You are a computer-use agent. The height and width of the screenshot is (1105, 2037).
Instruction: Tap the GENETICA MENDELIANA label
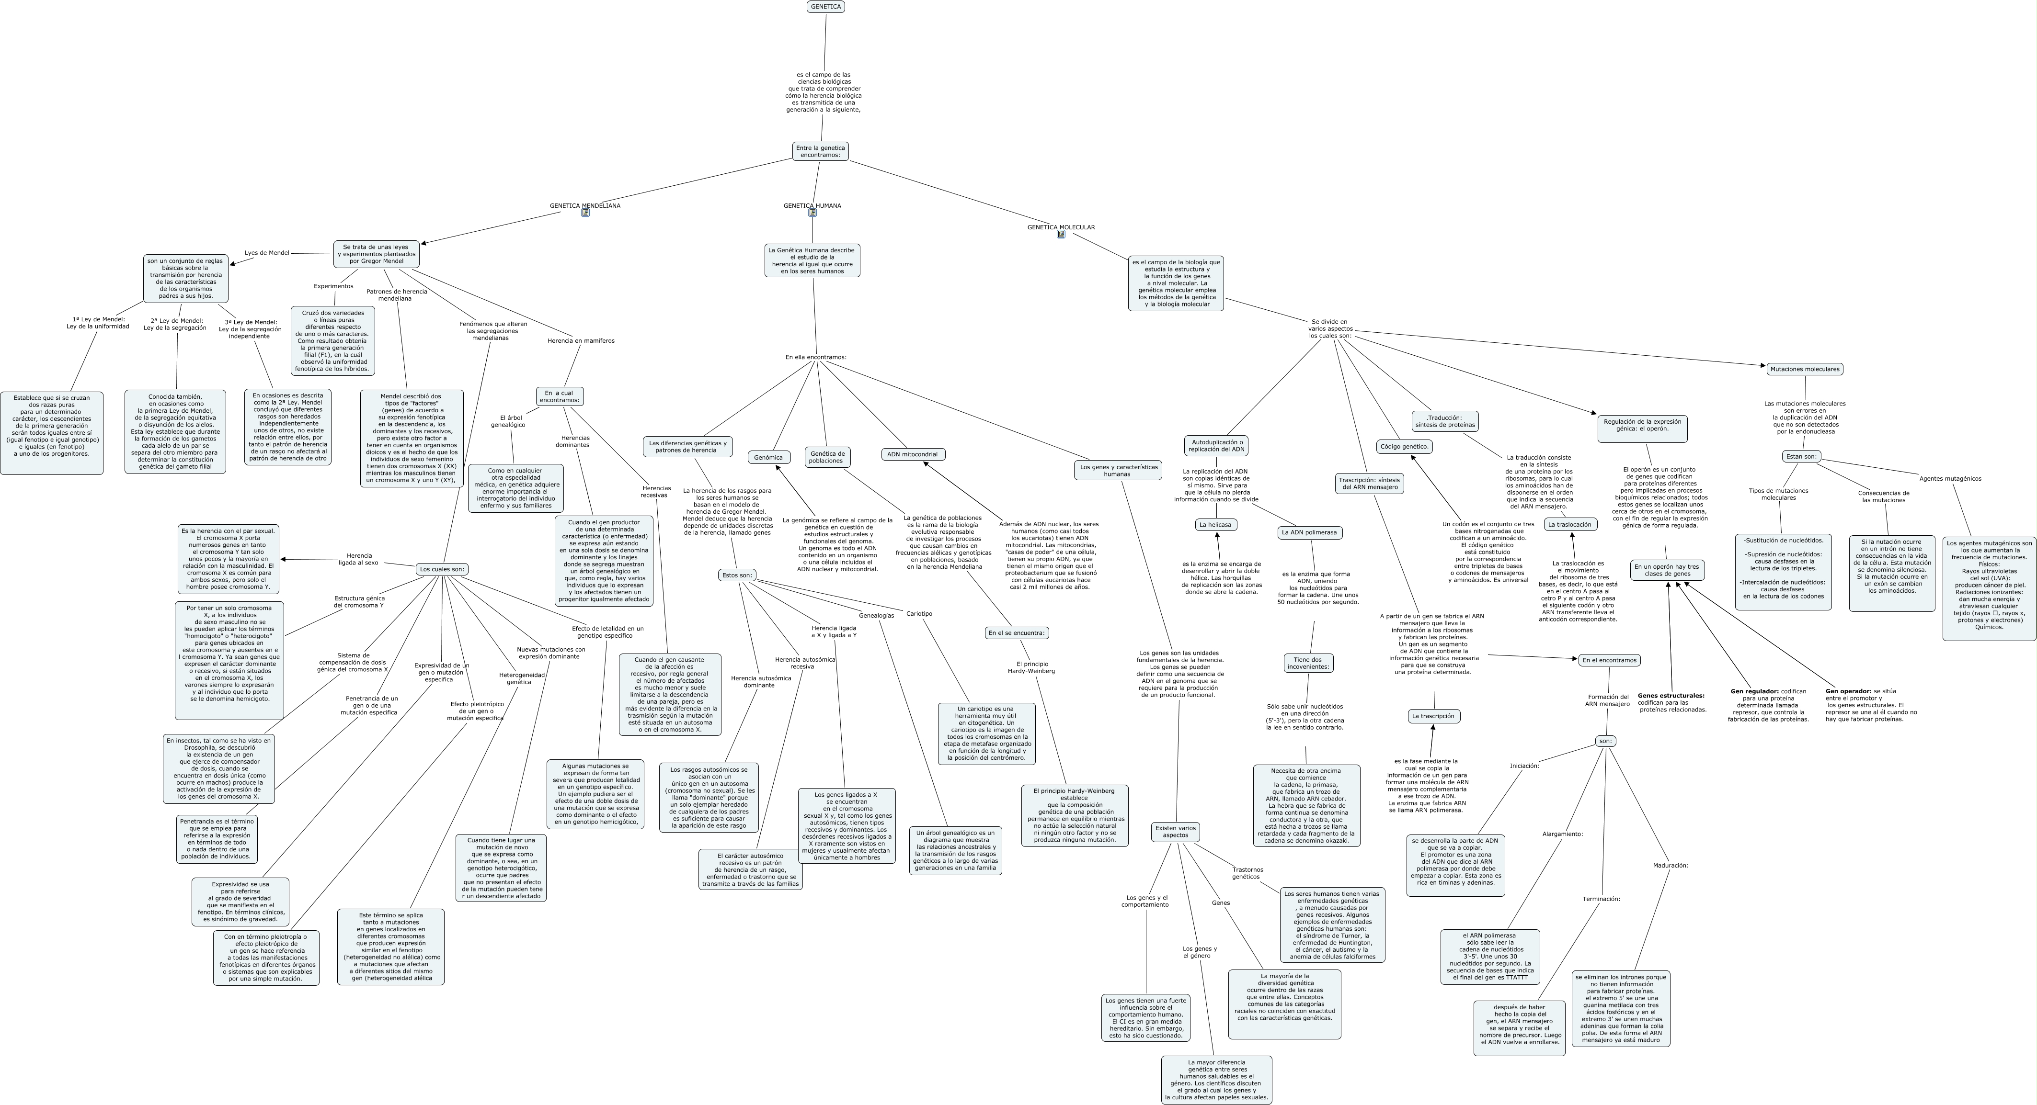coord(584,205)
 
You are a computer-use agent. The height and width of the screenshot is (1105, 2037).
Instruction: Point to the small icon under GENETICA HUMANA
coord(812,214)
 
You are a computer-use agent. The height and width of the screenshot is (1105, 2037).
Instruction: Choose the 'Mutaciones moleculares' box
coord(1805,369)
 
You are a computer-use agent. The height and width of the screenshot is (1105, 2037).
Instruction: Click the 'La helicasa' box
coord(1215,525)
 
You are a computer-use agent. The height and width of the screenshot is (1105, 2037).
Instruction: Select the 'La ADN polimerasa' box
coord(1309,533)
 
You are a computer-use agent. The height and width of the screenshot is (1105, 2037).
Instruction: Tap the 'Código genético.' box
coord(1405,447)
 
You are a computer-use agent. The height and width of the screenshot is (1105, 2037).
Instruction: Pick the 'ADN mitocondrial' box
coord(913,454)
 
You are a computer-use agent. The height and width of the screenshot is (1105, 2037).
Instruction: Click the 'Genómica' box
coord(768,458)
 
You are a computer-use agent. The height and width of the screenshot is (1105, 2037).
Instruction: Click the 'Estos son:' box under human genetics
coord(737,575)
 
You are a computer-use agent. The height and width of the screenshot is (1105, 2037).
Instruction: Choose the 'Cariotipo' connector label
coord(919,613)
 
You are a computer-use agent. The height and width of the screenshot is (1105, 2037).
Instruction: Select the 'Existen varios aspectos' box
coord(1175,832)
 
